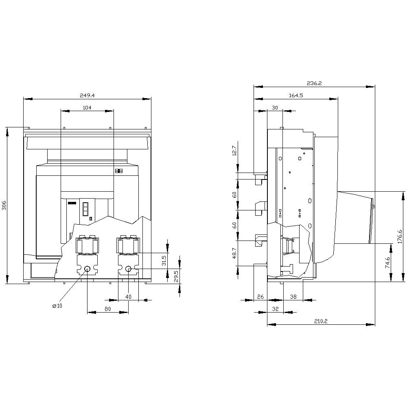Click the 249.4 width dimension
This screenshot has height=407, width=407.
click(x=87, y=95)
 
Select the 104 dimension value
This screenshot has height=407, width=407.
click(x=87, y=107)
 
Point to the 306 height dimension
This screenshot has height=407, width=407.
click(x=4, y=206)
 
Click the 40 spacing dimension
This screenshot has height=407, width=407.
click(x=128, y=297)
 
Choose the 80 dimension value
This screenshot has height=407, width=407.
click(x=108, y=309)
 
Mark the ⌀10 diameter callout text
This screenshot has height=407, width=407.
click(x=57, y=306)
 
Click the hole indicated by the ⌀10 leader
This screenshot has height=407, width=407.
click(x=88, y=269)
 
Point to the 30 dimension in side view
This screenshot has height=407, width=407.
click(x=275, y=107)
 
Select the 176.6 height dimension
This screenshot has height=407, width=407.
click(x=400, y=236)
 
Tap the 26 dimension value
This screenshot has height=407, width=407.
click(x=260, y=297)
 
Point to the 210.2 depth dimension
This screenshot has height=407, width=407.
click(x=321, y=321)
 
